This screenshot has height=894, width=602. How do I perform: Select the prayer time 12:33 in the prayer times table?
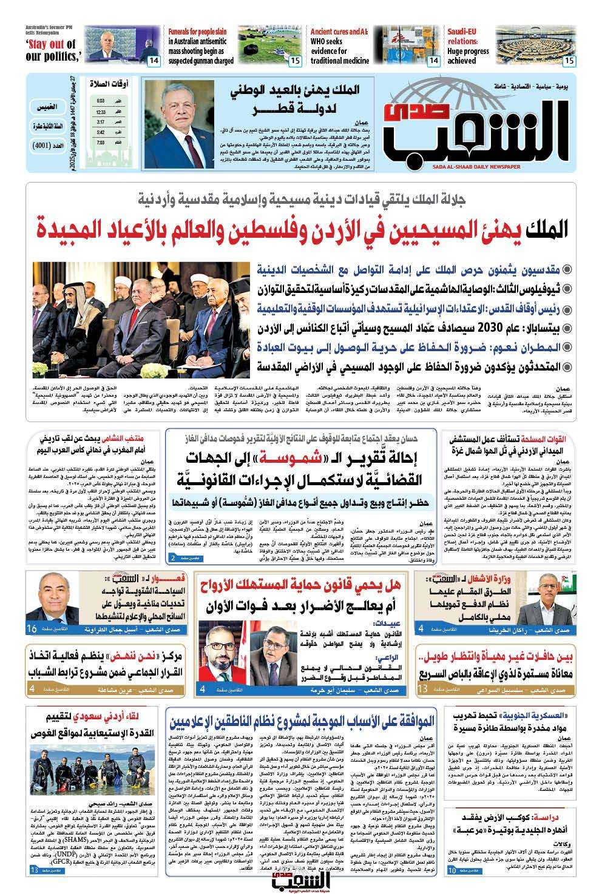coord(101,112)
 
